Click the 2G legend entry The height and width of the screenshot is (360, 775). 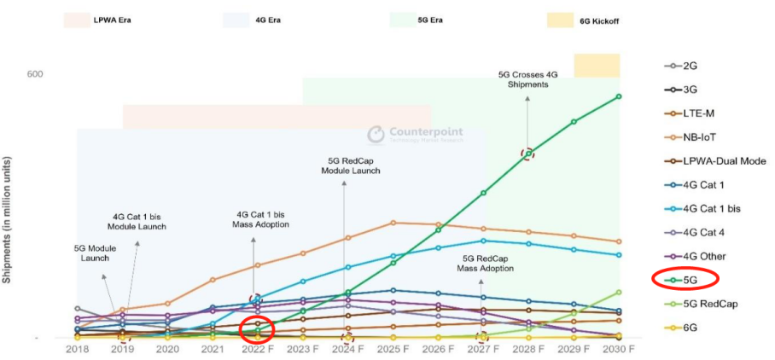click(688, 66)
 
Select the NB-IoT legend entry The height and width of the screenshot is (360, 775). click(696, 136)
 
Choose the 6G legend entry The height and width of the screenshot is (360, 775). click(688, 326)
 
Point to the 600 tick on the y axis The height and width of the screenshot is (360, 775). click(34, 74)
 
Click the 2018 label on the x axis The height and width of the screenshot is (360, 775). click(78, 349)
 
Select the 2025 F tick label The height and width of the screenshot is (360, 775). click(392, 349)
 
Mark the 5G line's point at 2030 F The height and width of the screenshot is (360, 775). click(619, 96)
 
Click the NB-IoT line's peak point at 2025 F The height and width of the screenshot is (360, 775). click(392, 223)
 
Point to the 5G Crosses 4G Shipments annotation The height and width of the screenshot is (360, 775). click(527, 79)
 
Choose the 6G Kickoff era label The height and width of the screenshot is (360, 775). click(595, 20)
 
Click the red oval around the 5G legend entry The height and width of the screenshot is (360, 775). click(685, 278)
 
